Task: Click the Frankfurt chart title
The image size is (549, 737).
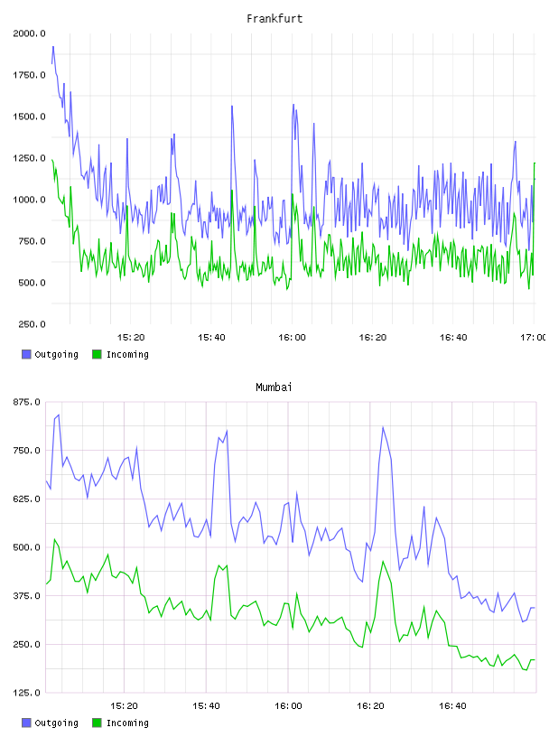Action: tap(274, 19)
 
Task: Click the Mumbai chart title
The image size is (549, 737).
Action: tap(274, 387)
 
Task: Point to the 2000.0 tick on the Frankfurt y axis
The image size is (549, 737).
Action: tap(30, 33)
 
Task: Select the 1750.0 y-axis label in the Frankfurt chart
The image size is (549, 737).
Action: tap(30, 75)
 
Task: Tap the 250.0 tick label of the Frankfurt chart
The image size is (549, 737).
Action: tap(32, 324)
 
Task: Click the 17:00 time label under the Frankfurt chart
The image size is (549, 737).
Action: tap(534, 338)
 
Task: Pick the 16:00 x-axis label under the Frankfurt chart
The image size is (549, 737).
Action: tap(292, 338)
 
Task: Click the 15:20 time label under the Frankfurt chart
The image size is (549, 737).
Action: tap(131, 338)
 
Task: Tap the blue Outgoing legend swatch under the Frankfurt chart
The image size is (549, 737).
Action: tap(26, 354)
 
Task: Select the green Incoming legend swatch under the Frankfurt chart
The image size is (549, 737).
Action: tap(97, 354)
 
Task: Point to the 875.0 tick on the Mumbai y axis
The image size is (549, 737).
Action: tap(27, 402)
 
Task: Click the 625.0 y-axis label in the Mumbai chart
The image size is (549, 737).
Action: tap(27, 499)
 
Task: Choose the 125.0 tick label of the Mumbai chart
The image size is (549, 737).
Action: tap(27, 693)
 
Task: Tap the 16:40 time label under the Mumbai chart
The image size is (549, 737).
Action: tap(452, 706)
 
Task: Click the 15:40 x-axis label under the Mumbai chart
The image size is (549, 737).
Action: tap(206, 706)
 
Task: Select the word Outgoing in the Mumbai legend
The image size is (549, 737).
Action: tap(56, 723)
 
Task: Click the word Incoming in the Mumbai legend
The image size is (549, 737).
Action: tap(127, 723)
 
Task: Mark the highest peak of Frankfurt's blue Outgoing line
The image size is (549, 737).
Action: tap(53, 47)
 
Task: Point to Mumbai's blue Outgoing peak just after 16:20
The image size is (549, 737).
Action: tap(383, 427)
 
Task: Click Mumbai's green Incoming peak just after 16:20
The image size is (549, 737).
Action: tap(383, 561)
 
